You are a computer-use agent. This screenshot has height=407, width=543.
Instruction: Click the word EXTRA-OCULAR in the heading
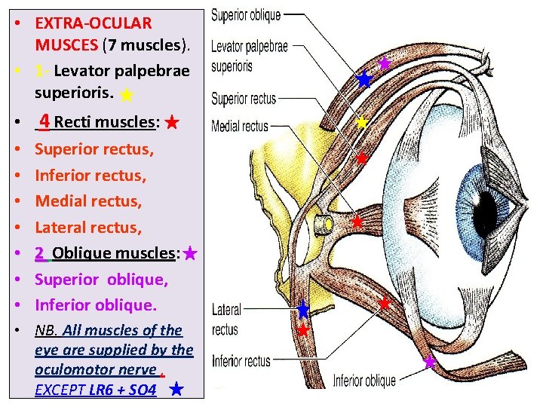[x=93, y=23]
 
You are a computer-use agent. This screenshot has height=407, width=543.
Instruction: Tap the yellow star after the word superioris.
[x=127, y=95]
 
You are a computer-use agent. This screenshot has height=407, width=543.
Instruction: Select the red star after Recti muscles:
[x=172, y=121]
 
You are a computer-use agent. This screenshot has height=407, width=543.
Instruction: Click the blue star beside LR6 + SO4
[x=175, y=390]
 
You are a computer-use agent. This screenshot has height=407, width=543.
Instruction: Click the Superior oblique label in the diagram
[x=245, y=14]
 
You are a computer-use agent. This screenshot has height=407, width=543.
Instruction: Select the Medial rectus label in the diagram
[x=240, y=126]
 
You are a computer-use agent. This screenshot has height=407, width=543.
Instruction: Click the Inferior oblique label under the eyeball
[x=364, y=381]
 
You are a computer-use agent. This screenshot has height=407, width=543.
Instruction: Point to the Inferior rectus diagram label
[x=241, y=361]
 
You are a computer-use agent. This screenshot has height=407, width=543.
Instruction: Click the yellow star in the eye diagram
[x=362, y=122]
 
